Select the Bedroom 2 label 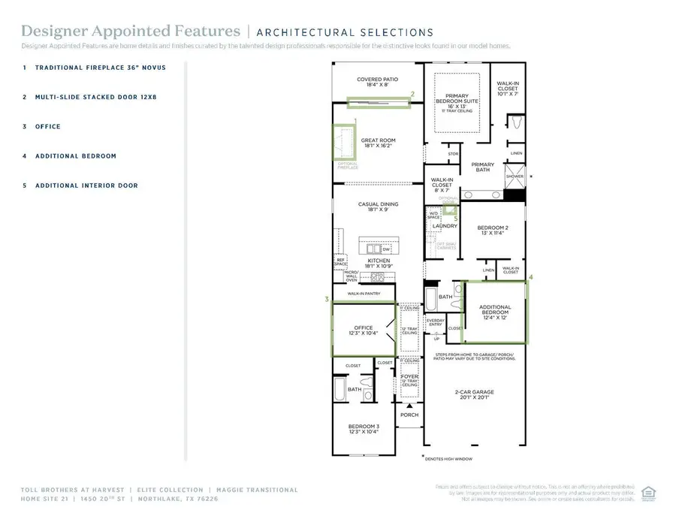[495, 231]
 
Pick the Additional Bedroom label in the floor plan [495, 310]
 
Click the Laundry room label [445, 226]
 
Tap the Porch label [409, 415]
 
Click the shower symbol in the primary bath [515, 177]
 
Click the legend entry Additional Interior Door [86, 186]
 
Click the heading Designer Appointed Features [131, 32]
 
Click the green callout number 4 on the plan [530, 277]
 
